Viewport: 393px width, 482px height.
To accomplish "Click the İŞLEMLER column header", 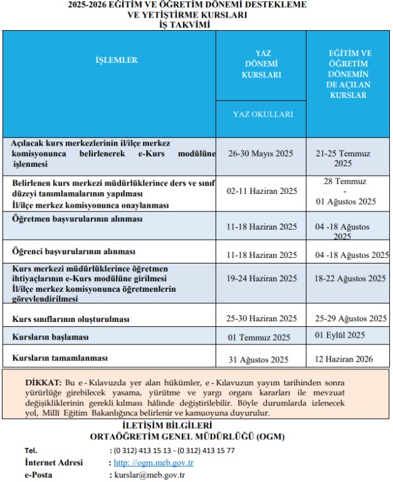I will pyautogui.click(x=116, y=60).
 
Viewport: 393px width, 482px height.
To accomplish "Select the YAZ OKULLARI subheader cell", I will pyautogui.click(x=263, y=114).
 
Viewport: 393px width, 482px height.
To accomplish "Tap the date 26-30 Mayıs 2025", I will pyautogui.click(x=262, y=153).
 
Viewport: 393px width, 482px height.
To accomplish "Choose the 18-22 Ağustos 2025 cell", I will pyautogui.click(x=350, y=278).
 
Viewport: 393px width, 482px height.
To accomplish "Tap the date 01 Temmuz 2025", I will pyautogui.click(x=259, y=337).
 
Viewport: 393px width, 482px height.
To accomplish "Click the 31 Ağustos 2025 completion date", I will pyautogui.click(x=258, y=360).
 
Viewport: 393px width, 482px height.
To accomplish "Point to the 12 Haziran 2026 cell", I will pyautogui.click(x=344, y=359).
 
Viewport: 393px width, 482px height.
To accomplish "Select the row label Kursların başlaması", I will pyautogui.click(x=50, y=337).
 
